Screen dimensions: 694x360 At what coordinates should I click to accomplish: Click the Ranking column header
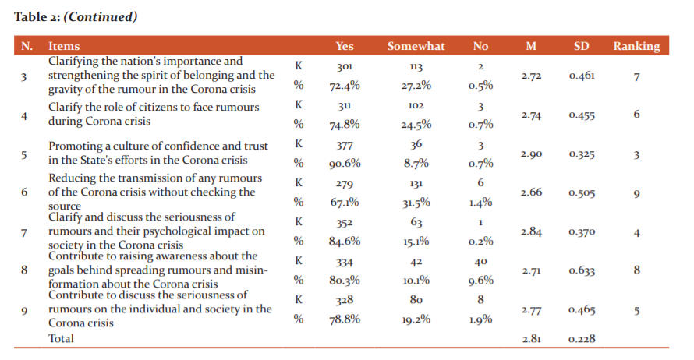pyautogui.click(x=636, y=47)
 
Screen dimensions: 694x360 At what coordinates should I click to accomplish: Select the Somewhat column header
pyautogui.click(x=416, y=46)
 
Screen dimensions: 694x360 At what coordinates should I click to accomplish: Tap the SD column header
pyautogui.click(x=581, y=46)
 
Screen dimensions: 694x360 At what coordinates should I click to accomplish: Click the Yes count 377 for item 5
pyautogui.click(x=345, y=146)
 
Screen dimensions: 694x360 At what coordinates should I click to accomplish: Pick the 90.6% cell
pyautogui.click(x=345, y=164)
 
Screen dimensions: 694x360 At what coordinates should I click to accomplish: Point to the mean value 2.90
pyautogui.click(x=531, y=154)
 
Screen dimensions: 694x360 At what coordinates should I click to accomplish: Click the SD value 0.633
pyautogui.click(x=582, y=270)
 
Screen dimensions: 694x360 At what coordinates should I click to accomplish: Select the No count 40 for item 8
pyautogui.click(x=480, y=262)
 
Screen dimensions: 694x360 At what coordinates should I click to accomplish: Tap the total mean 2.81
pyautogui.click(x=531, y=339)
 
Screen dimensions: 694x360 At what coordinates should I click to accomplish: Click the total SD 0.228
pyautogui.click(x=582, y=339)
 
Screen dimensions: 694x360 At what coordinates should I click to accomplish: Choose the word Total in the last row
pyautogui.click(x=61, y=338)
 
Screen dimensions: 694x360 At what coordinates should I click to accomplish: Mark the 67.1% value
pyautogui.click(x=345, y=203)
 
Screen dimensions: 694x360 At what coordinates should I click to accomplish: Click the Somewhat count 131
pyautogui.click(x=416, y=184)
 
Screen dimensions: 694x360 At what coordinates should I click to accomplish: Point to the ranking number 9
pyautogui.click(x=636, y=194)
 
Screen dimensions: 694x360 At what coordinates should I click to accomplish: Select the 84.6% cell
pyautogui.click(x=345, y=241)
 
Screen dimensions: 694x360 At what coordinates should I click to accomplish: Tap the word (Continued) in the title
pyautogui.click(x=101, y=17)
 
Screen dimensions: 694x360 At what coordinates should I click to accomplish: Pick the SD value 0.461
pyautogui.click(x=582, y=76)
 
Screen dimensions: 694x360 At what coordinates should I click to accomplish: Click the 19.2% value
pyautogui.click(x=416, y=319)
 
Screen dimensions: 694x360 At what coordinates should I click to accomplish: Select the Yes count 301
pyautogui.click(x=345, y=67)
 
